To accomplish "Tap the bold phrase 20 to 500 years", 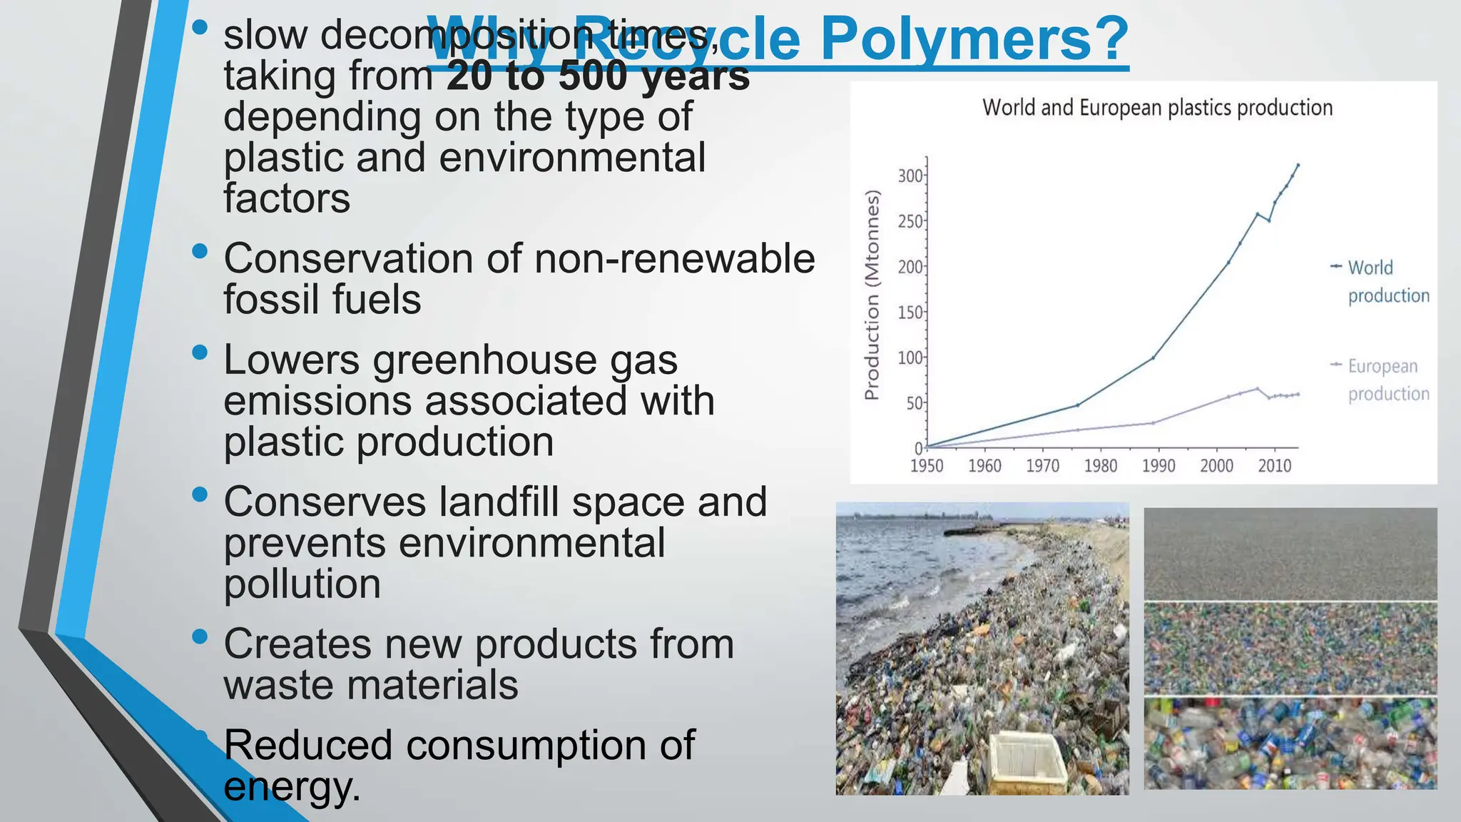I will (598, 76).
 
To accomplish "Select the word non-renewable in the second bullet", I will (674, 258).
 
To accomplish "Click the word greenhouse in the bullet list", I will (484, 360).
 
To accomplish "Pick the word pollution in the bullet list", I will (302, 584).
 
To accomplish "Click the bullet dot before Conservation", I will (200, 251).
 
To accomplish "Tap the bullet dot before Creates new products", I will (200, 636).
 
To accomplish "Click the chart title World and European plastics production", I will (1157, 108).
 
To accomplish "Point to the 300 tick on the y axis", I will (910, 176).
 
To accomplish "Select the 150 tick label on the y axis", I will (910, 313).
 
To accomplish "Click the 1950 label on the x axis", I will (927, 466).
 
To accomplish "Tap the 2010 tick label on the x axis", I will (1274, 466).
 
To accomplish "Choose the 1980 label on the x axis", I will (1100, 466).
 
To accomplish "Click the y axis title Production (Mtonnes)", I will (872, 295).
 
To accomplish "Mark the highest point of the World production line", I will (1298, 165).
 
